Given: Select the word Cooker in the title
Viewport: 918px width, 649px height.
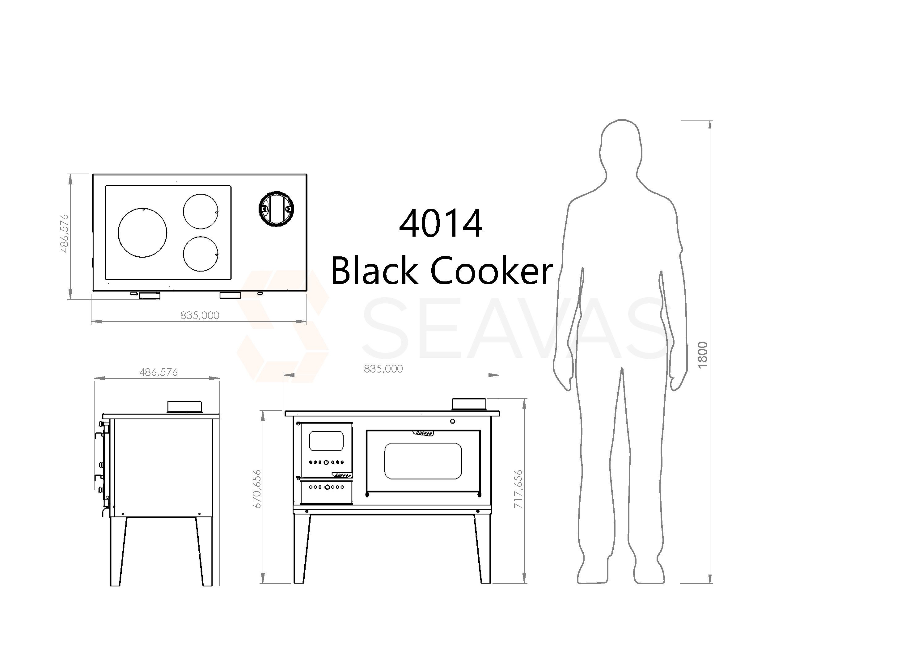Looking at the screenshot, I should pyautogui.click(x=491, y=271).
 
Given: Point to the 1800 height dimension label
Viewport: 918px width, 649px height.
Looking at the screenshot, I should pyautogui.click(x=703, y=355).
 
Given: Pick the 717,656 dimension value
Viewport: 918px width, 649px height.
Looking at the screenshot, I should pyautogui.click(x=518, y=489).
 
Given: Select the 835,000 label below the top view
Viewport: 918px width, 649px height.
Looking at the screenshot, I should pyautogui.click(x=200, y=315).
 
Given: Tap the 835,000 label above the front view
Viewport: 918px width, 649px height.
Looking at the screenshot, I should pyautogui.click(x=383, y=369).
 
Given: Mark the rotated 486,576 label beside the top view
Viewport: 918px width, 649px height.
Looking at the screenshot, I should pyautogui.click(x=64, y=234).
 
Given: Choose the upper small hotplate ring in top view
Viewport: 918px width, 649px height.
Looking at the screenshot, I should pyautogui.click(x=201, y=211).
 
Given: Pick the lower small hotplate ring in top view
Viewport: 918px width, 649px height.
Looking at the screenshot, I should pyautogui.click(x=201, y=254).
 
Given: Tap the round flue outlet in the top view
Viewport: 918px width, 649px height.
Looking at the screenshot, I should pyautogui.click(x=276, y=209).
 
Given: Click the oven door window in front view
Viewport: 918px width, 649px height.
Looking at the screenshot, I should pyautogui.click(x=423, y=461).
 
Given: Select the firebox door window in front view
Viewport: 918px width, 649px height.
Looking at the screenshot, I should pyautogui.click(x=326, y=441).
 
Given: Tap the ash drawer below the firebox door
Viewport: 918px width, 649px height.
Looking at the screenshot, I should pyautogui.click(x=326, y=492).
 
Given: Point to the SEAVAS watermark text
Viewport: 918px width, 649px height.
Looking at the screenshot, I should pyautogui.click(x=516, y=328).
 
